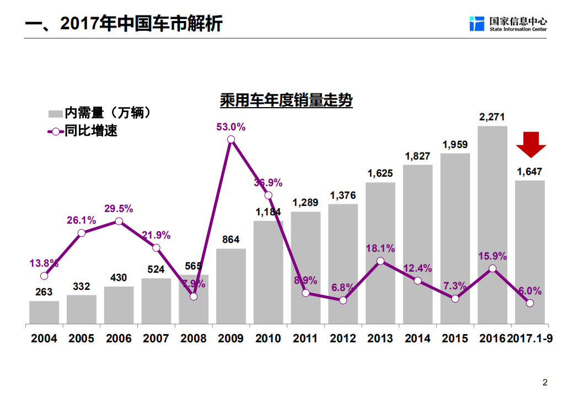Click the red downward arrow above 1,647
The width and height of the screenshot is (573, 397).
coord(531,145)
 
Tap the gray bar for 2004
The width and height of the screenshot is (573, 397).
coord(44,313)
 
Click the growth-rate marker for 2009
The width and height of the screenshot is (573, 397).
coord(231,140)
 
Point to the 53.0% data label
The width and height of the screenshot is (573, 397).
coord(231,127)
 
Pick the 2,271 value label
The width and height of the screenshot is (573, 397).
coord(492,117)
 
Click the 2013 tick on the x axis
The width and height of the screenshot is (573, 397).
coord(380,338)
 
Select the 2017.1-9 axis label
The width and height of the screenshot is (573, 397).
coord(530,338)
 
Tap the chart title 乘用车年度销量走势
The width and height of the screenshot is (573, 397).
coord(286,101)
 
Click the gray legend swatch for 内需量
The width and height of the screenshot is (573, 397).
coord(55,114)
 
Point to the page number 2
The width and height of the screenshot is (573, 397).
coord(545,382)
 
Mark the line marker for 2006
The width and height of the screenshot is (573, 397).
coord(119,221)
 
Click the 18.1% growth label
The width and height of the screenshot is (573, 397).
coord(380,248)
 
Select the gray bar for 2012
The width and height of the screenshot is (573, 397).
coord(342,264)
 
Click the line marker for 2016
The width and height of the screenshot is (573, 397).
coord(492,268)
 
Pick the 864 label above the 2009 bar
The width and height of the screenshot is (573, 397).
coord(231,240)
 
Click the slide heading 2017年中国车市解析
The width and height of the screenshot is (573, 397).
coord(124,24)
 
